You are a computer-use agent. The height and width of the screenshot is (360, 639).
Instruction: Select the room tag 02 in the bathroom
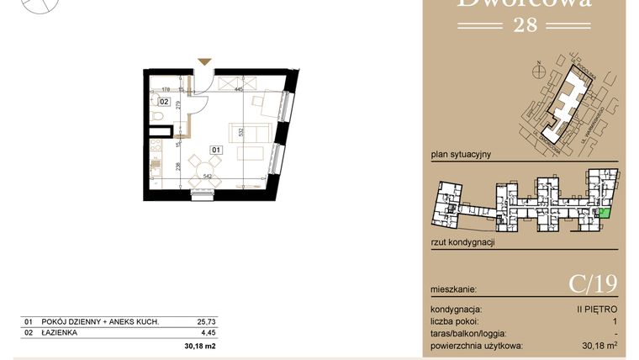coord(164,102)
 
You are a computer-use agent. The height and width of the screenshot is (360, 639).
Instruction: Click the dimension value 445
coord(239,87)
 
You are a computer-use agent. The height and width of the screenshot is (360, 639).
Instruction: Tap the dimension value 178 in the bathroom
coord(166,87)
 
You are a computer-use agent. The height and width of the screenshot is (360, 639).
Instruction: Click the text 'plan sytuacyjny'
coord(459,155)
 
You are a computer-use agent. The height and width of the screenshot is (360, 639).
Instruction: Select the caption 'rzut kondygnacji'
coord(462,241)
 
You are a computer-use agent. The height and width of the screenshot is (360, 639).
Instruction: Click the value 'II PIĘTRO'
coord(597,310)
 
